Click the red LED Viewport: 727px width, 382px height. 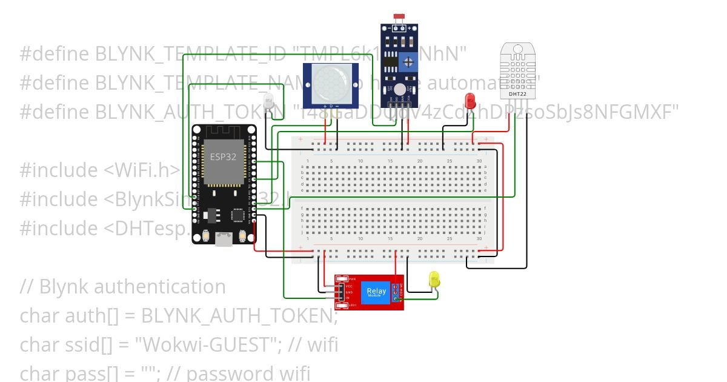tap(470, 101)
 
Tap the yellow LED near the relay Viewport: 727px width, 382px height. tap(434, 279)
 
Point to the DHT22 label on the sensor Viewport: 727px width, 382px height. tap(517, 94)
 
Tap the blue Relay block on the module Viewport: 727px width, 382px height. tap(376, 293)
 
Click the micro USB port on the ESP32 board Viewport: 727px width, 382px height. tap(224, 240)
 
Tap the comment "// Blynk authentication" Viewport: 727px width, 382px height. tap(122, 286)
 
